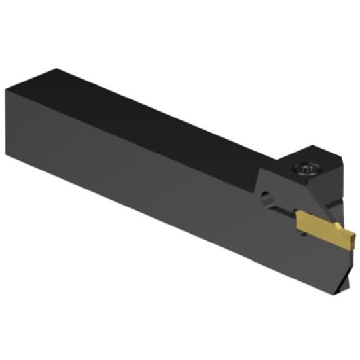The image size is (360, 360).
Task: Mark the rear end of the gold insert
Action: click(x=298, y=219)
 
